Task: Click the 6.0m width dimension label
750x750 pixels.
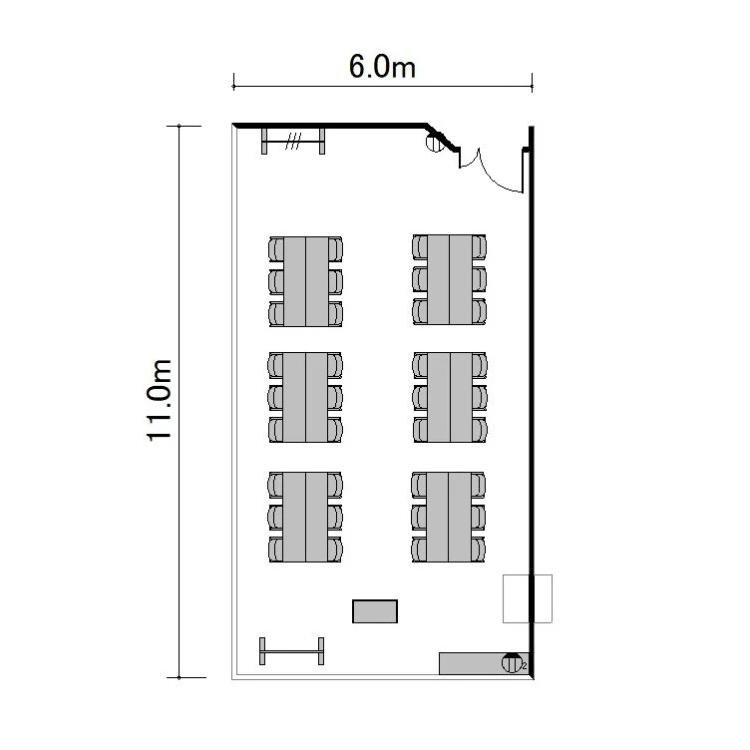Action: [x=382, y=66]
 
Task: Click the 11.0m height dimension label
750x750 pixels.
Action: [x=159, y=400]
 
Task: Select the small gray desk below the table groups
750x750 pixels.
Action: [x=375, y=611]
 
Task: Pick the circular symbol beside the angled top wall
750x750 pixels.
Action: [x=435, y=143]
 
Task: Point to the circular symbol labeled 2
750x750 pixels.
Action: [x=511, y=663]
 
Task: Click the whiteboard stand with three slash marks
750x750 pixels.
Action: [x=293, y=141]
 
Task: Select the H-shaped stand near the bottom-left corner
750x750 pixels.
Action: [x=292, y=651]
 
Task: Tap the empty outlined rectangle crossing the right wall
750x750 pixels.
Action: [x=528, y=598]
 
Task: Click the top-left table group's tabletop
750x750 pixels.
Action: [x=306, y=281]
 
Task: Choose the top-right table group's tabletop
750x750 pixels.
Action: [x=450, y=279]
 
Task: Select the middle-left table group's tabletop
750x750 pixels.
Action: [x=305, y=397]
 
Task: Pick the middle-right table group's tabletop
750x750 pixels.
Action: [x=450, y=397]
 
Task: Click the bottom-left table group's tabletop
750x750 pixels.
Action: [x=305, y=517]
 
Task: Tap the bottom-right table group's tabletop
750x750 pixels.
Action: [x=449, y=517]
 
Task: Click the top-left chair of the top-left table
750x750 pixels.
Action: [x=276, y=249]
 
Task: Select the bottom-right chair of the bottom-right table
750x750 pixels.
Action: [x=478, y=549]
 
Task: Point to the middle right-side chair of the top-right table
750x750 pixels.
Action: [x=479, y=279]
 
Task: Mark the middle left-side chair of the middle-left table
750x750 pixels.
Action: [x=276, y=397]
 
